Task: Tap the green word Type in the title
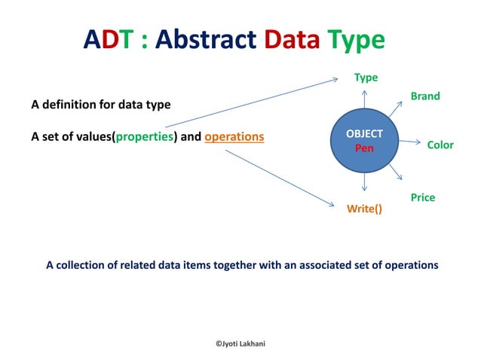coord(357,40)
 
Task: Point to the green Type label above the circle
coord(366,77)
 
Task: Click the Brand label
coord(425,96)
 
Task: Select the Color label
coord(440,145)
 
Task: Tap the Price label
coord(423,197)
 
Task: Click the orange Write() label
coord(364,209)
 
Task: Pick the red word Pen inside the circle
coord(365,148)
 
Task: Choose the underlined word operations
coord(234,137)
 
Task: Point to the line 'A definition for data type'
coord(101,104)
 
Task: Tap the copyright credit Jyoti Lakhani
coord(240,343)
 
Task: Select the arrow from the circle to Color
coord(409,141)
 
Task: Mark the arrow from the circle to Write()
coord(365,182)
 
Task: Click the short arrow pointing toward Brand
coord(396,108)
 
